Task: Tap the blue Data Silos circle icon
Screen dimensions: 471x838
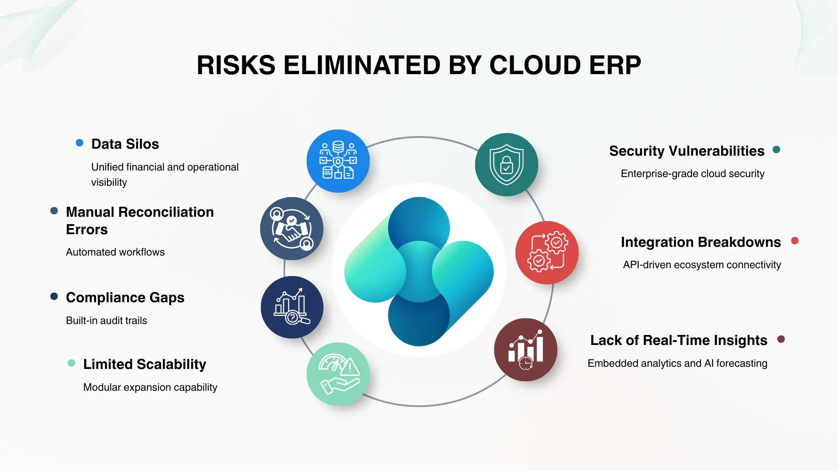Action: (x=338, y=161)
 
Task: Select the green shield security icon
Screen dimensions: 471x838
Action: (x=506, y=164)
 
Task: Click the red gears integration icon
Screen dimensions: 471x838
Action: (x=547, y=253)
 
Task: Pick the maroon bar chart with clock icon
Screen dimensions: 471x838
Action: (x=525, y=349)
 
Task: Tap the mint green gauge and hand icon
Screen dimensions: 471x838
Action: (x=338, y=374)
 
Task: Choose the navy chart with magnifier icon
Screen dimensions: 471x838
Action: (x=292, y=307)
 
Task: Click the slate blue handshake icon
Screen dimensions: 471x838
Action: (x=292, y=229)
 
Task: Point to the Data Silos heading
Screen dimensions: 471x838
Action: (x=125, y=144)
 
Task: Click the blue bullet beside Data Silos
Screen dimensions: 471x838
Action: (x=79, y=143)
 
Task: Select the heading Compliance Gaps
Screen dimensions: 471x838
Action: (x=125, y=297)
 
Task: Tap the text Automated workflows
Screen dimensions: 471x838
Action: (x=115, y=252)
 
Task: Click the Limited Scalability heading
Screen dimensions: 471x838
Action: (x=144, y=364)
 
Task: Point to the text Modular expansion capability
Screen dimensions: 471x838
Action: (x=150, y=387)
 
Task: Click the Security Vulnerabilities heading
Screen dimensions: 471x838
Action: (x=687, y=151)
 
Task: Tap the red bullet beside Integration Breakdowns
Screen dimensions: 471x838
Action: (x=795, y=241)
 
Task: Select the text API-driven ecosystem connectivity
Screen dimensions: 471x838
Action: (x=702, y=265)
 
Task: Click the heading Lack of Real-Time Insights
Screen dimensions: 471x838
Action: (x=678, y=340)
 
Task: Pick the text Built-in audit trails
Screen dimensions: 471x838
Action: (x=106, y=321)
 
